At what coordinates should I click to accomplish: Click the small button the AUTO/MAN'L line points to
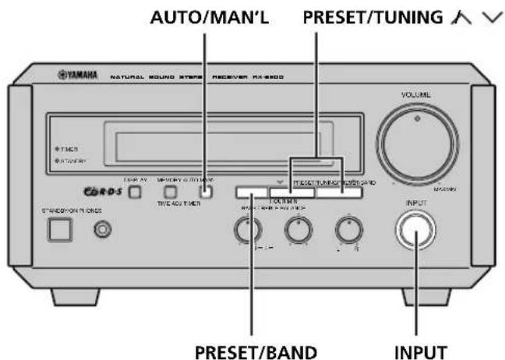(204, 192)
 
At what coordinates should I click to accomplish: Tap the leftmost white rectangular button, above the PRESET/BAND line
(251, 192)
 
